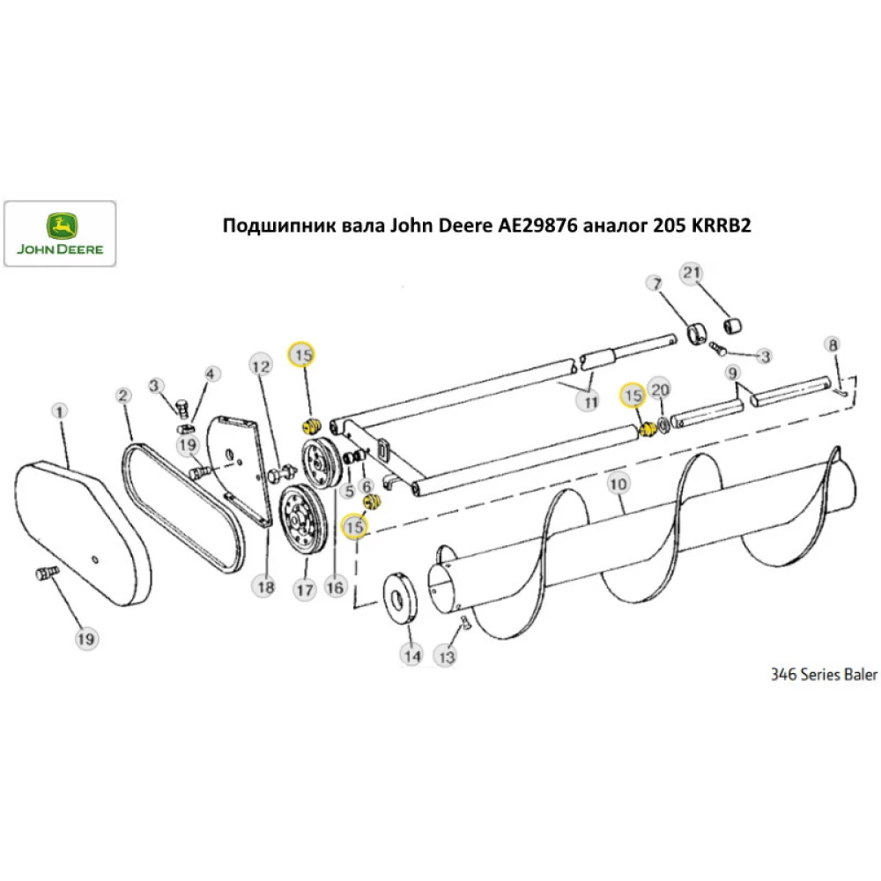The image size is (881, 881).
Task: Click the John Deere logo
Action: pyautogui.click(x=60, y=233)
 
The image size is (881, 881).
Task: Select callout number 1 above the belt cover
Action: pyautogui.click(x=60, y=411)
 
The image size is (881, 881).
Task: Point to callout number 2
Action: pyautogui.click(x=123, y=396)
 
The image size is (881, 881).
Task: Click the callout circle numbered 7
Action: pyautogui.click(x=654, y=284)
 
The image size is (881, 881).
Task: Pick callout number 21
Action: pyautogui.click(x=691, y=274)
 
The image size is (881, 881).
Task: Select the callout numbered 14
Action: pyautogui.click(x=411, y=655)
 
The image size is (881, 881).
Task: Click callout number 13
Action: pyautogui.click(x=447, y=655)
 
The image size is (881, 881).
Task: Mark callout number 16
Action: pyautogui.click(x=333, y=587)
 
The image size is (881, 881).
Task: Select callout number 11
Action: pyautogui.click(x=588, y=401)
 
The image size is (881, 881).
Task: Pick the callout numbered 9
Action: pyautogui.click(x=731, y=373)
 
